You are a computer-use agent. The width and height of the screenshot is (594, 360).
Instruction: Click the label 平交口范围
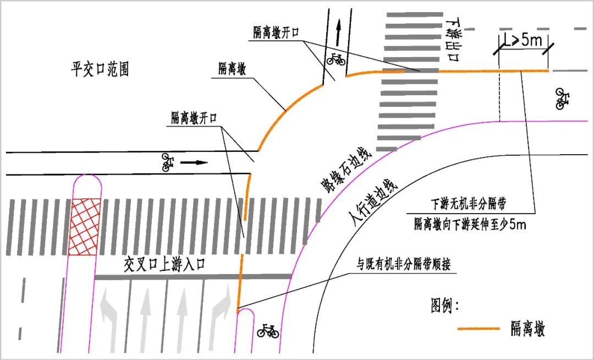[x=100, y=69]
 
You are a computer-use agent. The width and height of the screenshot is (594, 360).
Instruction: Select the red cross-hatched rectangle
[x=85, y=226]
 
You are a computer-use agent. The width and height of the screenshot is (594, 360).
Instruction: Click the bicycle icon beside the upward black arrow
[x=336, y=58]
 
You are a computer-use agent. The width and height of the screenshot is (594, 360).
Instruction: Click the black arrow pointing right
[x=195, y=162]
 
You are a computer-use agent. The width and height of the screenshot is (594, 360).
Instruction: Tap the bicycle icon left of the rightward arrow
[x=167, y=162]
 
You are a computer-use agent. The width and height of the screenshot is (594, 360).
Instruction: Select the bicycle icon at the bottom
[x=268, y=331]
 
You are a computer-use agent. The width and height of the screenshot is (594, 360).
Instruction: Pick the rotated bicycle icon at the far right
[x=562, y=99]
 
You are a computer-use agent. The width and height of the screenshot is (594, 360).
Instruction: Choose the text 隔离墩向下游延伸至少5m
[x=470, y=223]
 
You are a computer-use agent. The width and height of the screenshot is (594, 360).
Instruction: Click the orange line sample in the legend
[x=478, y=329]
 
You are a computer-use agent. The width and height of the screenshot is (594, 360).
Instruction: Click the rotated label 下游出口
[x=453, y=41]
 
